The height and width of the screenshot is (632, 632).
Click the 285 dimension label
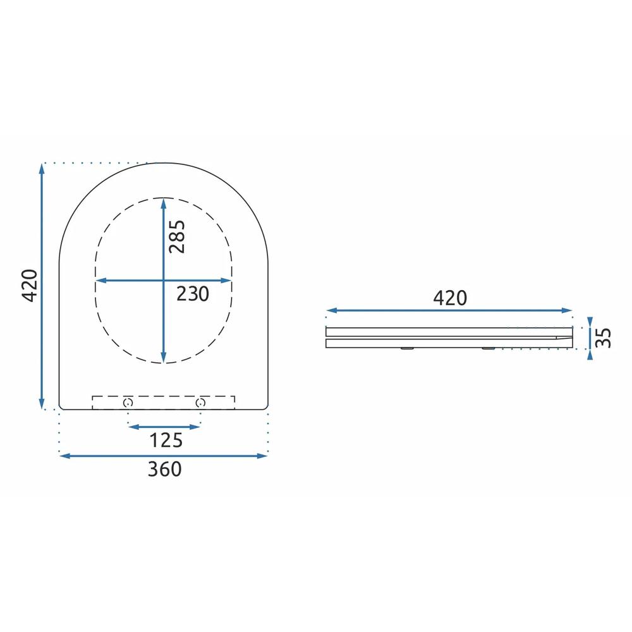(x=177, y=236)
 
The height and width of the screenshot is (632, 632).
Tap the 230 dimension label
(x=193, y=294)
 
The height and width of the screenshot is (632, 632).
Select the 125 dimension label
(x=166, y=440)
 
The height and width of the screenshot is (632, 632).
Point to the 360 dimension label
(x=164, y=469)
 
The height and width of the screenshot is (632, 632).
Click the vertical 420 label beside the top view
(x=30, y=286)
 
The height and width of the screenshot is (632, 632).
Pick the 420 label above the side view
(x=450, y=298)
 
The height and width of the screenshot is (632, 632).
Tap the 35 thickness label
(x=604, y=337)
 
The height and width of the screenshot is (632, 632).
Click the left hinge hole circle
(x=128, y=402)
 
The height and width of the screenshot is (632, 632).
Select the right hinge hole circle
(x=200, y=402)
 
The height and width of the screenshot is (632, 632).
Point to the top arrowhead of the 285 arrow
(x=163, y=203)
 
